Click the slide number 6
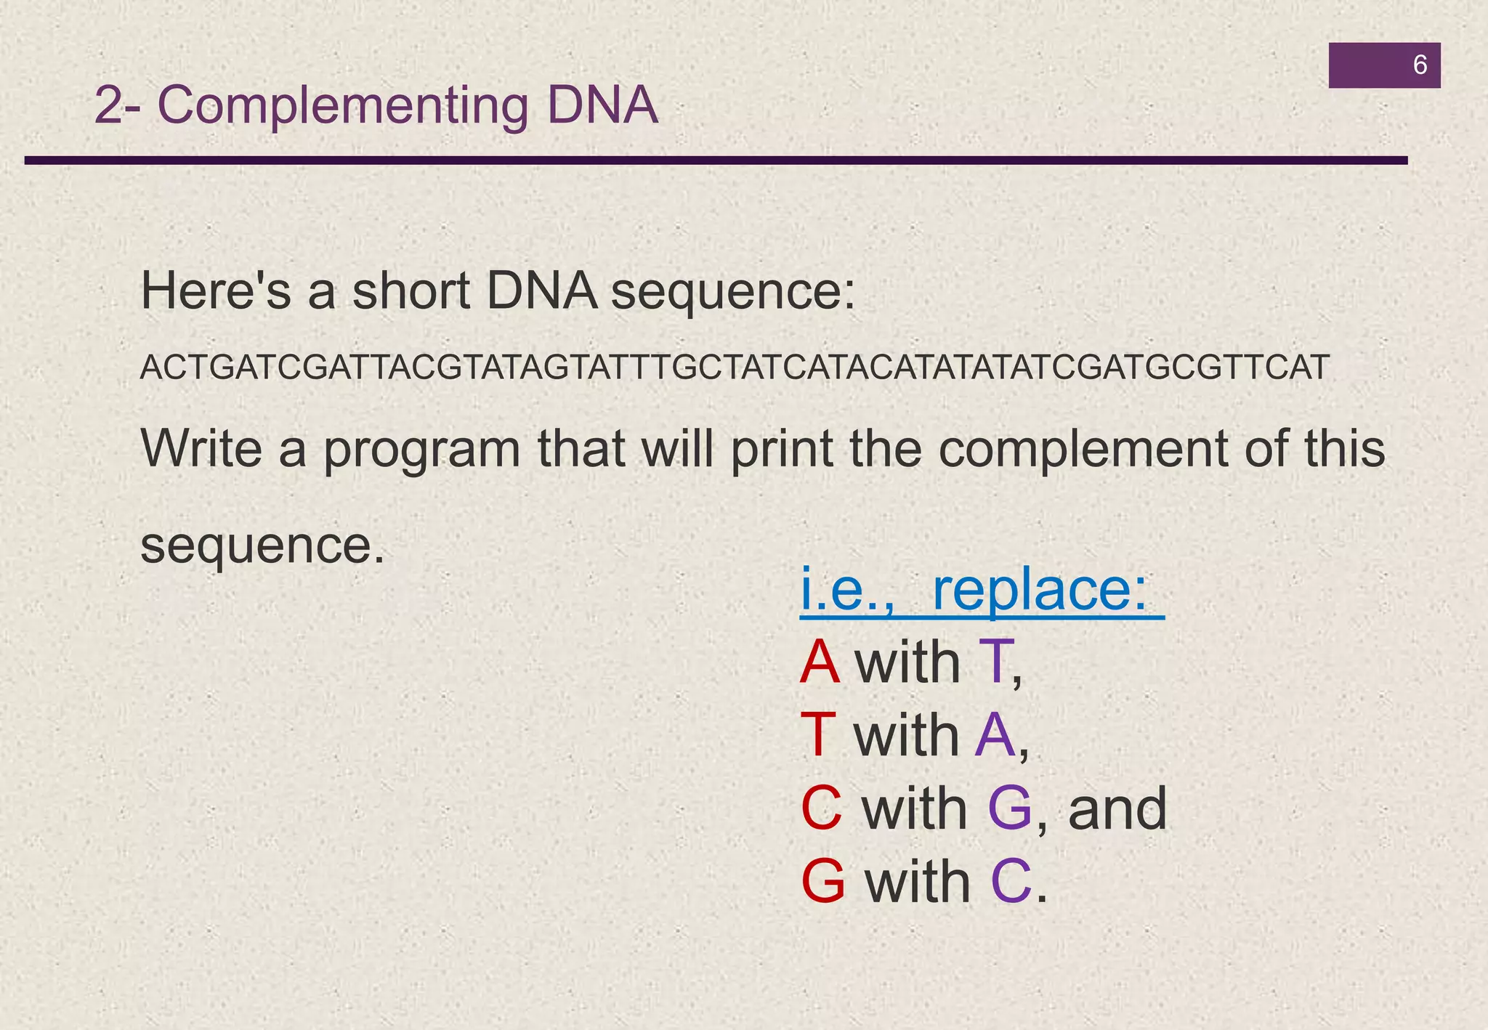1419,65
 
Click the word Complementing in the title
343,106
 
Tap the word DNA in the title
602,106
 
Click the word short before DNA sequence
411,291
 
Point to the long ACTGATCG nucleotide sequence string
735,368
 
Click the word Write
201,448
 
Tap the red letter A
820,662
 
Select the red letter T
818,735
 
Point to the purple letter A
995,735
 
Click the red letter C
822,808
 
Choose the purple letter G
1010,808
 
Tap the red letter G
823,881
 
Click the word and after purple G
1117,808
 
